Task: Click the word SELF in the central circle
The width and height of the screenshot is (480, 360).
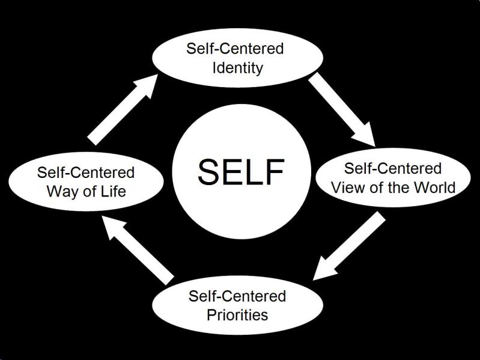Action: click(x=242, y=171)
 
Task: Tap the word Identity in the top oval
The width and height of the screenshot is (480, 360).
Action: click(x=237, y=68)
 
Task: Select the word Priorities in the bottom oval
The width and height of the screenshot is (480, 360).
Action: click(x=237, y=315)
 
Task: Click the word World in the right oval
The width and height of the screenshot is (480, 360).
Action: click(x=435, y=188)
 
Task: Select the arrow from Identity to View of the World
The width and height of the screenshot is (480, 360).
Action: click(x=342, y=109)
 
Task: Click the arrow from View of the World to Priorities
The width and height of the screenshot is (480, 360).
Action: click(x=349, y=246)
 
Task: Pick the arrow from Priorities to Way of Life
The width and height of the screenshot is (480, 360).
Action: click(x=138, y=250)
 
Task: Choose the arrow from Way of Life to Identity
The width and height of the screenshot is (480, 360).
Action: click(x=123, y=109)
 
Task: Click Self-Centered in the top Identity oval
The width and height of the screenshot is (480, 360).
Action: click(x=235, y=49)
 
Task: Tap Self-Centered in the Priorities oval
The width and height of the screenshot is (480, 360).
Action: click(x=237, y=296)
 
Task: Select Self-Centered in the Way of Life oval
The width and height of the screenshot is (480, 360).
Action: click(x=86, y=172)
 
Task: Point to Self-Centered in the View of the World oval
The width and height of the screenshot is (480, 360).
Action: click(x=393, y=168)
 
